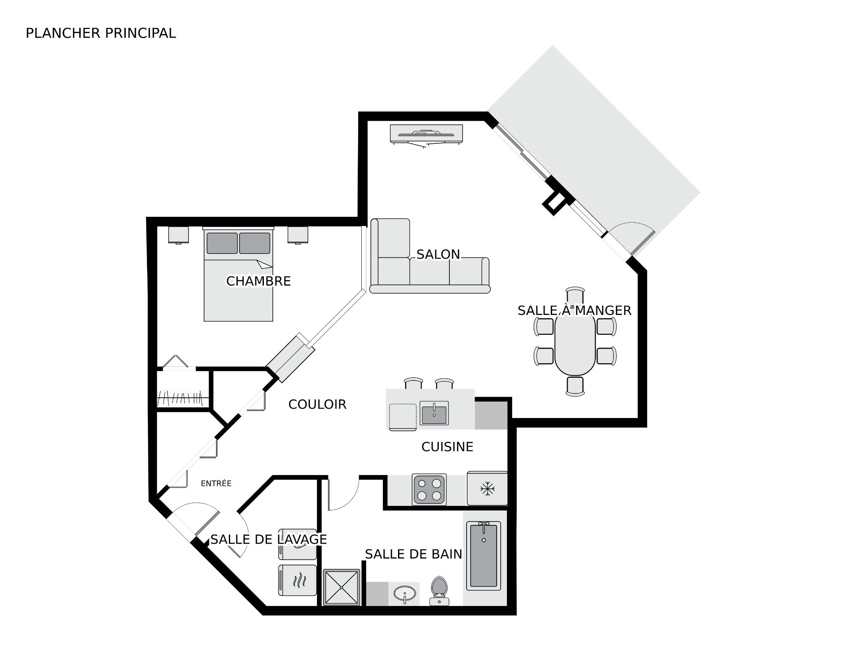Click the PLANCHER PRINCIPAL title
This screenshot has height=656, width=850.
(x=101, y=33)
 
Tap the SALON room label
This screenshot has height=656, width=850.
(x=438, y=254)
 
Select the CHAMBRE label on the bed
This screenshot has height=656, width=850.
(x=259, y=281)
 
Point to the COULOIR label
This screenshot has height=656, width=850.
(x=317, y=404)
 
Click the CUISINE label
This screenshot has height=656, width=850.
(x=447, y=447)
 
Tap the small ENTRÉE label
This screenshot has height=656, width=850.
(x=216, y=483)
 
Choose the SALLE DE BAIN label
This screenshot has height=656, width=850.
(x=413, y=554)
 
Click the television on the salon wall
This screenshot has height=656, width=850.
(x=426, y=134)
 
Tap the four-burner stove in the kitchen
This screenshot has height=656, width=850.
(x=429, y=489)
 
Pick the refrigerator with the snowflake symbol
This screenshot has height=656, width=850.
(x=487, y=488)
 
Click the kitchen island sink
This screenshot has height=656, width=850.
(x=434, y=413)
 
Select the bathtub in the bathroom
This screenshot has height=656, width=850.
(x=483, y=556)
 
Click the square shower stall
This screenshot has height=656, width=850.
(x=342, y=587)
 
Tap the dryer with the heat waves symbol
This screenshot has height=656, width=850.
(x=297, y=580)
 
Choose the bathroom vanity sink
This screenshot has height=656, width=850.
(x=405, y=593)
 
